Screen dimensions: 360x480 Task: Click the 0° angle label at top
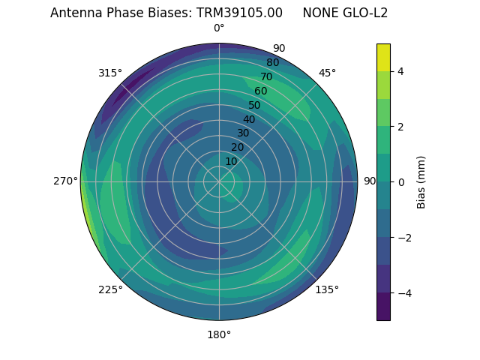(219, 28)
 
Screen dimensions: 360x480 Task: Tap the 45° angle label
(327, 73)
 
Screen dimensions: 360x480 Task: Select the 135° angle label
(327, 289)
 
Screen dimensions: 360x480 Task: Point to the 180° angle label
(219, 334)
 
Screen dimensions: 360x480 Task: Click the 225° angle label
(110, 289)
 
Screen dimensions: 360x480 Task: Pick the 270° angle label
(65, 181)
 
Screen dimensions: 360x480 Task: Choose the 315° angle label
(110, 73)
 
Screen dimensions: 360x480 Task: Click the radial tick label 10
(231, 161)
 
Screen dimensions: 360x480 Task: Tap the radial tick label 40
(249, 119)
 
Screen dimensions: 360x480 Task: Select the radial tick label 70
(266, 76)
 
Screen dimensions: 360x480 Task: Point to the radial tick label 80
(272, 62)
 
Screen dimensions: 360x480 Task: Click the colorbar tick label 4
(400, 71)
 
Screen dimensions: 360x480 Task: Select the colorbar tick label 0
(400, 181)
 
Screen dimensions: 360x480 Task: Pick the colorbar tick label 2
(400, 127)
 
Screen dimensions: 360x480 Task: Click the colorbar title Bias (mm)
(421, 181)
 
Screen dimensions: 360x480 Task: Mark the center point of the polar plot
(219, 181)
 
